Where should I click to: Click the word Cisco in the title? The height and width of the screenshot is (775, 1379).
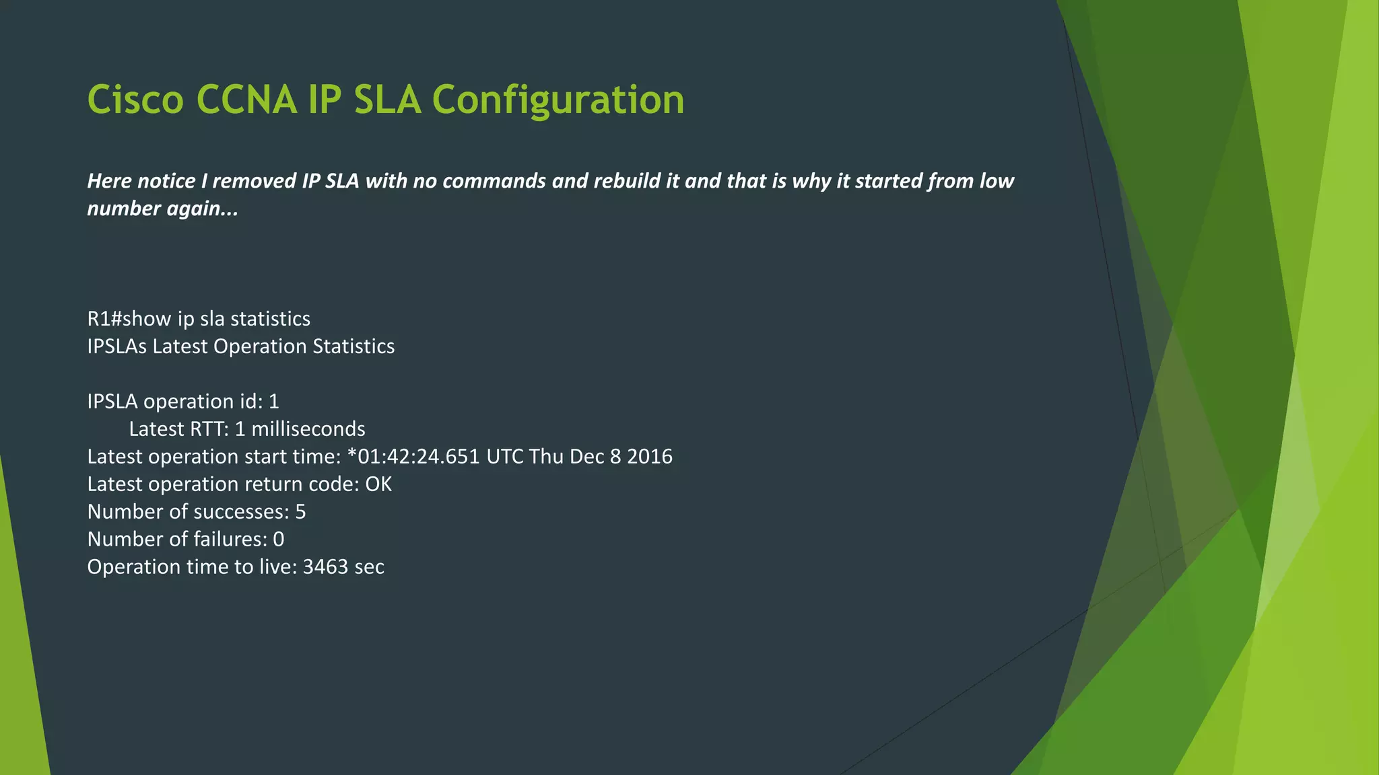pos(135,100)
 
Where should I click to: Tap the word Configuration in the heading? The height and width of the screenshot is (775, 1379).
pos(558,100)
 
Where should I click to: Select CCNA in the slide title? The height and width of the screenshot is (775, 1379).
pos(246,100)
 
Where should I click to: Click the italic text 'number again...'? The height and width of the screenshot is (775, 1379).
pos(162,209)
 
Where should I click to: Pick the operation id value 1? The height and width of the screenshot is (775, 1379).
pos(274,402)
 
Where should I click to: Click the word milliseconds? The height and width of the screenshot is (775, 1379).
pos(308,429)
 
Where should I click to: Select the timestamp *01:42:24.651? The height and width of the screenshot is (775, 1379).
pos(413,457)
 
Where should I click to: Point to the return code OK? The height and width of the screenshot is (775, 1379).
pos(378,484)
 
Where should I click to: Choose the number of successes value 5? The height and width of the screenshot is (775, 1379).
pos(300,512)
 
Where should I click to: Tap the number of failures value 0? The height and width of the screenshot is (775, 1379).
pos(279,540)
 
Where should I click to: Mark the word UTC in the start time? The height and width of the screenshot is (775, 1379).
pos(504,457)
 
